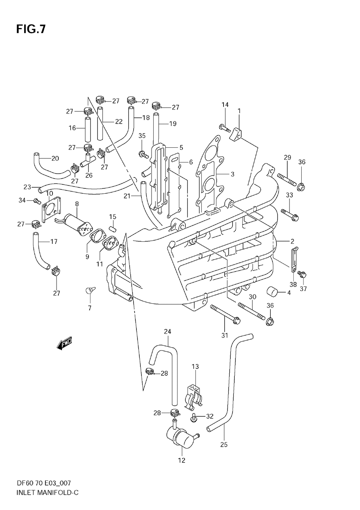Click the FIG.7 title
point(31,30)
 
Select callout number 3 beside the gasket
point(232,174)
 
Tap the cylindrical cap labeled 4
point(273,292)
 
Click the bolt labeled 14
point(225,128)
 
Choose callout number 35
point(142,136)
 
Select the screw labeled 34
point(37,201)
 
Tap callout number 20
point(55,158)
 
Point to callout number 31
point(225,335)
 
